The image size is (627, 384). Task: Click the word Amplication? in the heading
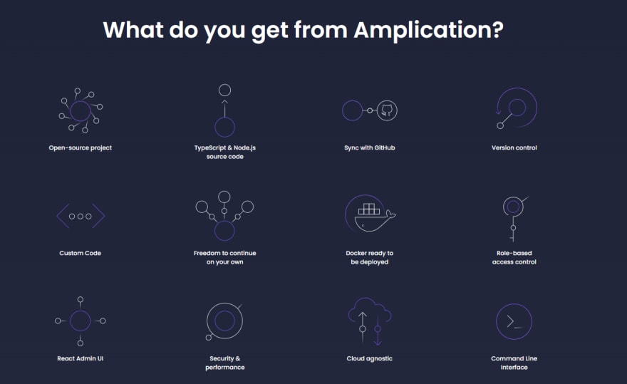428,31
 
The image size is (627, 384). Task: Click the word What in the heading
133,30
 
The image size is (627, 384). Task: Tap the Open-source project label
81,147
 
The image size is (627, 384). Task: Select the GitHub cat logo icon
387,110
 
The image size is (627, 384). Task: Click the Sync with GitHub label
370,147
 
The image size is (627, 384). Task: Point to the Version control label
514,147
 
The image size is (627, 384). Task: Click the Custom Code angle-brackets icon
81,216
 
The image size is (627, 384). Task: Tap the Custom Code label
80,253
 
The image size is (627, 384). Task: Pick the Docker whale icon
370,213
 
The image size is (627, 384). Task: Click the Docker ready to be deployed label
370,258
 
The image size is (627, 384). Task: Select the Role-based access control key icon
514,219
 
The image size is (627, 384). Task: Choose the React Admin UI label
80,358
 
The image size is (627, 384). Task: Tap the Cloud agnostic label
370,358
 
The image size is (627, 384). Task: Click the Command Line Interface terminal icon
514,321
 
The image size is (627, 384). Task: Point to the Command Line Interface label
514,363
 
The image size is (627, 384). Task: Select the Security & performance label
224,363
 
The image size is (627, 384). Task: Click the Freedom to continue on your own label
224,258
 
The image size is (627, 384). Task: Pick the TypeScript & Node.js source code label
224,152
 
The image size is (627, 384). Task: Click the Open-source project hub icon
81,111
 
